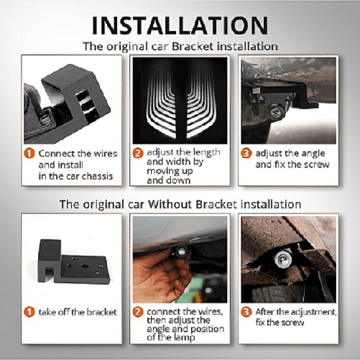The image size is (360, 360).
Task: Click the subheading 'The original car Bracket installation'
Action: tap(180, 47)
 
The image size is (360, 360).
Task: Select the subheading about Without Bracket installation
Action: tap(180, 204)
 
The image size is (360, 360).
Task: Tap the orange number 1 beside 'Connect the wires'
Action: tap(29, 153)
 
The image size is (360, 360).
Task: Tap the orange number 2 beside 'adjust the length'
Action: tap(138, 153)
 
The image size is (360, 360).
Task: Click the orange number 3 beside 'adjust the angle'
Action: tap(246, 153)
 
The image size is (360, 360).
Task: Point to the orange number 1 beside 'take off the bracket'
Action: tap(29, 311)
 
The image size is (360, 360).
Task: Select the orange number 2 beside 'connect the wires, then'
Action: tap(138, 311)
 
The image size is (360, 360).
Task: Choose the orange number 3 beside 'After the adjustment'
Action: tap(246, 311)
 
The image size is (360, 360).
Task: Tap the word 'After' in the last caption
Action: tap(269, 311)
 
